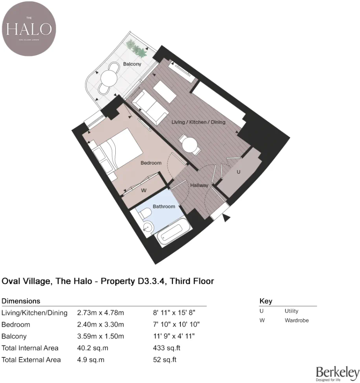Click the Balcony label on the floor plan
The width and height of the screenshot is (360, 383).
pyautogui.click(x=132, y=64)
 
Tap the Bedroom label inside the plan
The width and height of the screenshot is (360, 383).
pyautogui.click(x=151, y=163)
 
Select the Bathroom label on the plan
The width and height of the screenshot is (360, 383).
pyautogui.click(x=164, y=206)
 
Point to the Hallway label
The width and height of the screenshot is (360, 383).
pyautogui.click(x=199, y=185)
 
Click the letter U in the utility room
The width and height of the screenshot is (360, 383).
pyautogui.click(x=238, y=172)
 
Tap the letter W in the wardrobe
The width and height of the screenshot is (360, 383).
pyautogui.click(x=144, y=191)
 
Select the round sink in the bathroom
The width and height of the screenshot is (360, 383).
pyautogui.click(x=147, y=226)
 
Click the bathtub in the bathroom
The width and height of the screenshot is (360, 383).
pyautogui.click(x=173, y=235)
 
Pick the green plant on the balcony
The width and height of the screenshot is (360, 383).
pyautogui.click(x=137, y=49)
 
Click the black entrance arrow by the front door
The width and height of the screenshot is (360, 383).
pyautogui.click(x=226, y=218)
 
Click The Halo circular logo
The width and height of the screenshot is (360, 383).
pyautogui.click(x=29, y=29)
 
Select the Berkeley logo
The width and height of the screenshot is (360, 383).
pyautogui.click(x=337, y=373)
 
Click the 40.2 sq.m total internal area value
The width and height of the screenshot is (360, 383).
pyautogui.click(x=91, y=348)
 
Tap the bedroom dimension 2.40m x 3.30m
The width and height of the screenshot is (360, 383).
pyautogui.click(x=100, y=324)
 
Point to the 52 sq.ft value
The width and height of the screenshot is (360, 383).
pyautogui.click(x=165, y=360)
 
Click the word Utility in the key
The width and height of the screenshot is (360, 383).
pyautogui.click(x=291, y=311)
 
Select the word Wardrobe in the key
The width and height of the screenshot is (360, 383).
pyautogui.click(x=297, y=320)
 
